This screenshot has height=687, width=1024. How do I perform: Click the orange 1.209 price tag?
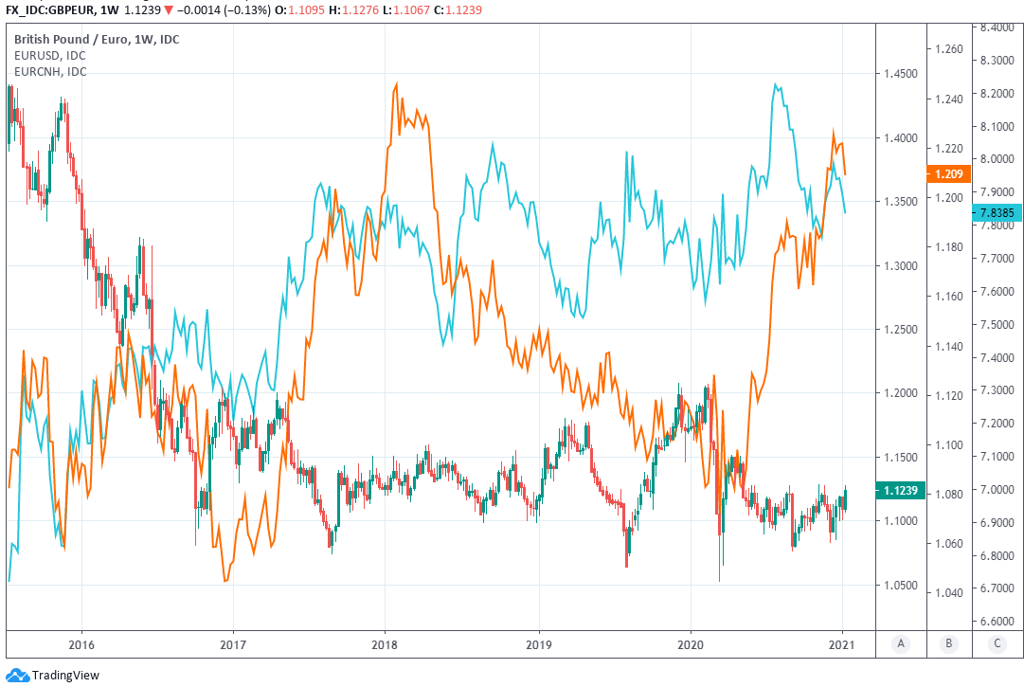pyautogui.click(x=947, y=174)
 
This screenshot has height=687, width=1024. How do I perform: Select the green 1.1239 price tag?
pyautogui.click(x=898, y=491)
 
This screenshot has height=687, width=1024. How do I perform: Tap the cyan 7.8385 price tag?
pyautogui.click(x=997, y=213)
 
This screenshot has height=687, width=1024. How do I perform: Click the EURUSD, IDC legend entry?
pyautogui.click(x=49, y=55)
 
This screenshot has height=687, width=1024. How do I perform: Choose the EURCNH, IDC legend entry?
pyautogui.click(x=50, y=71)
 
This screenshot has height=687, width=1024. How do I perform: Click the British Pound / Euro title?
pyautogui.click(x=96, y=39)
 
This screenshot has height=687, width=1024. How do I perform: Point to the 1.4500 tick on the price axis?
pyautogui.click(x=899, y=74)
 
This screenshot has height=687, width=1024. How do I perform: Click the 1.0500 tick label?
pyautogui.click(x=899, y=586)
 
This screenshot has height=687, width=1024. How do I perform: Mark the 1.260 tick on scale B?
pyautogui.click(x=947, y=49)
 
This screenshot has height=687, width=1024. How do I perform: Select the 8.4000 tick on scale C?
pyautogui.click(x=997, y=27)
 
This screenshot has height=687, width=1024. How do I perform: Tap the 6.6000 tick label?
pyautogui.click(x=997, y=621)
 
